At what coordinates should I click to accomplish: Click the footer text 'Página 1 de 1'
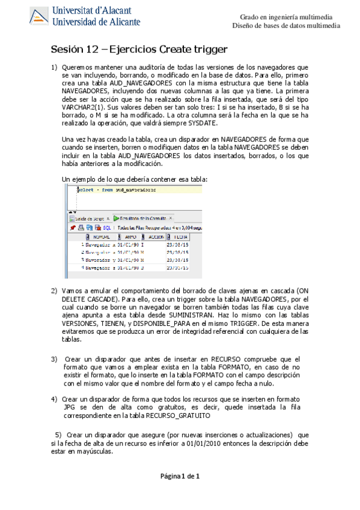pos(180,476)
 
